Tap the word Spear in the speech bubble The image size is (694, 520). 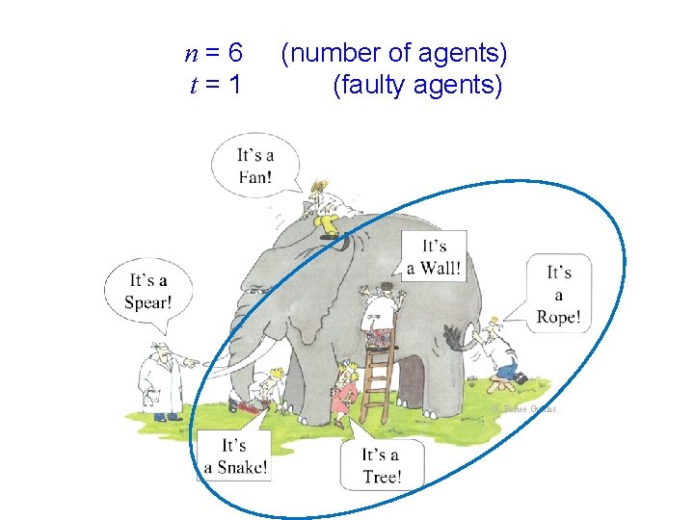[x=147, y=302]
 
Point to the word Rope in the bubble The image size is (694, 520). [x=559, y=317]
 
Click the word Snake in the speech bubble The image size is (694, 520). [x=235, y=468]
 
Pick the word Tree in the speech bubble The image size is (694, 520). [x=381, y=477]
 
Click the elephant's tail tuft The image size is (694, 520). [x=454, y=338]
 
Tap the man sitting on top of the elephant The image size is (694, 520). [x=323, y=207]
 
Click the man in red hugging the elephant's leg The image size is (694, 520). [x=342, y=391]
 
